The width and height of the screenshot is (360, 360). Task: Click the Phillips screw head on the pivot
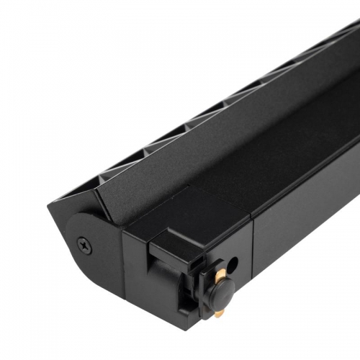point(84,245)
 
